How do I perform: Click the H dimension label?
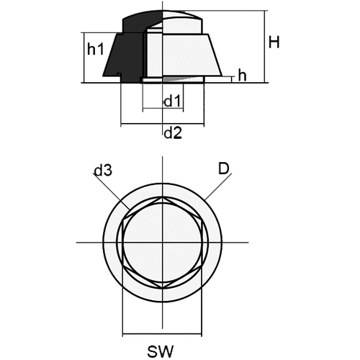274,42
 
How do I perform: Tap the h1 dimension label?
96,50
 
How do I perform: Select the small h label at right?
242,76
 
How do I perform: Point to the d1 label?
172,101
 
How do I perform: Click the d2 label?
173,133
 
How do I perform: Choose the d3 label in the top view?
103,171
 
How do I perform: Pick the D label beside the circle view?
224,168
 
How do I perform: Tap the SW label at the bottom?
160,351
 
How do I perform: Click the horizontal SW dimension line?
162,333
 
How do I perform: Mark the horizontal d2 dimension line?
162,124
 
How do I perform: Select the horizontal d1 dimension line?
163,109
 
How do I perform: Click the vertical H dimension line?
265,47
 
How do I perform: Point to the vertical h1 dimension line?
84,58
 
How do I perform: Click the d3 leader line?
112,192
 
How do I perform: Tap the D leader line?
218,186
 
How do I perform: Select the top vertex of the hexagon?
163,197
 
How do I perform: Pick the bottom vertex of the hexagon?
163,287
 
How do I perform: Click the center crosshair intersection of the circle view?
163,243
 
